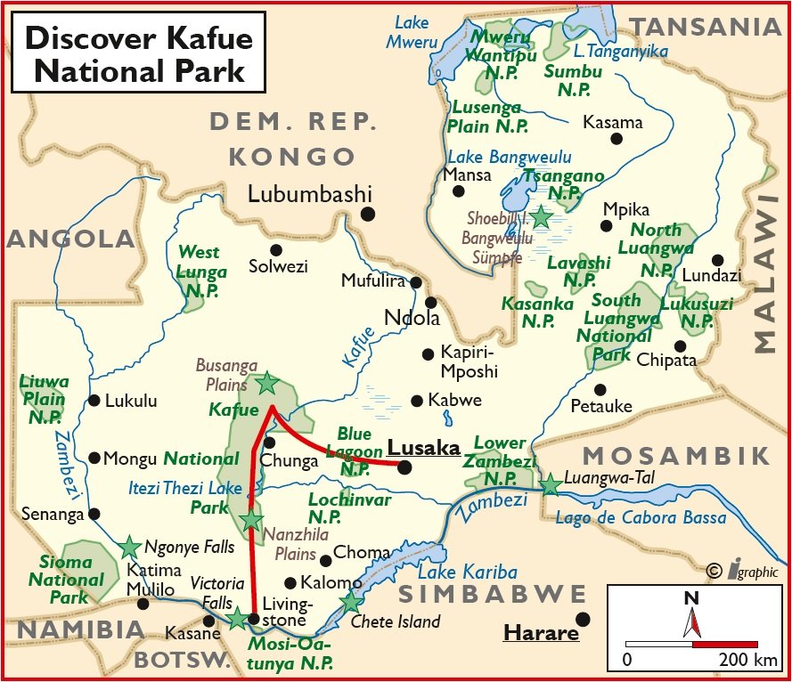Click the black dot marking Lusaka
pyautogui.click(x=405, y=467)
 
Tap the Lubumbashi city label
pyautogui.click(x=309, y=194)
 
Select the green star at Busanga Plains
pyautogui.click(x=266, y=384)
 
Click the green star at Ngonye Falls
pyautogui.click(x=130, y=547)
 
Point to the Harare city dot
pyautogui.click(x=583, y=619)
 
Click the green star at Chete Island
pyautogui.click(x=351, y=603)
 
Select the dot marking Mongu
pyautogui.click(x=94, y=459)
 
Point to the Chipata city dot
pyautogui.click(x=680, y=345)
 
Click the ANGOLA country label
pyautogui.click(x=71, y=239)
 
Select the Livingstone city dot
pyautogui.click(x=254, y=618)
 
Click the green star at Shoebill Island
pyautogui.click(x=541, y=216)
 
